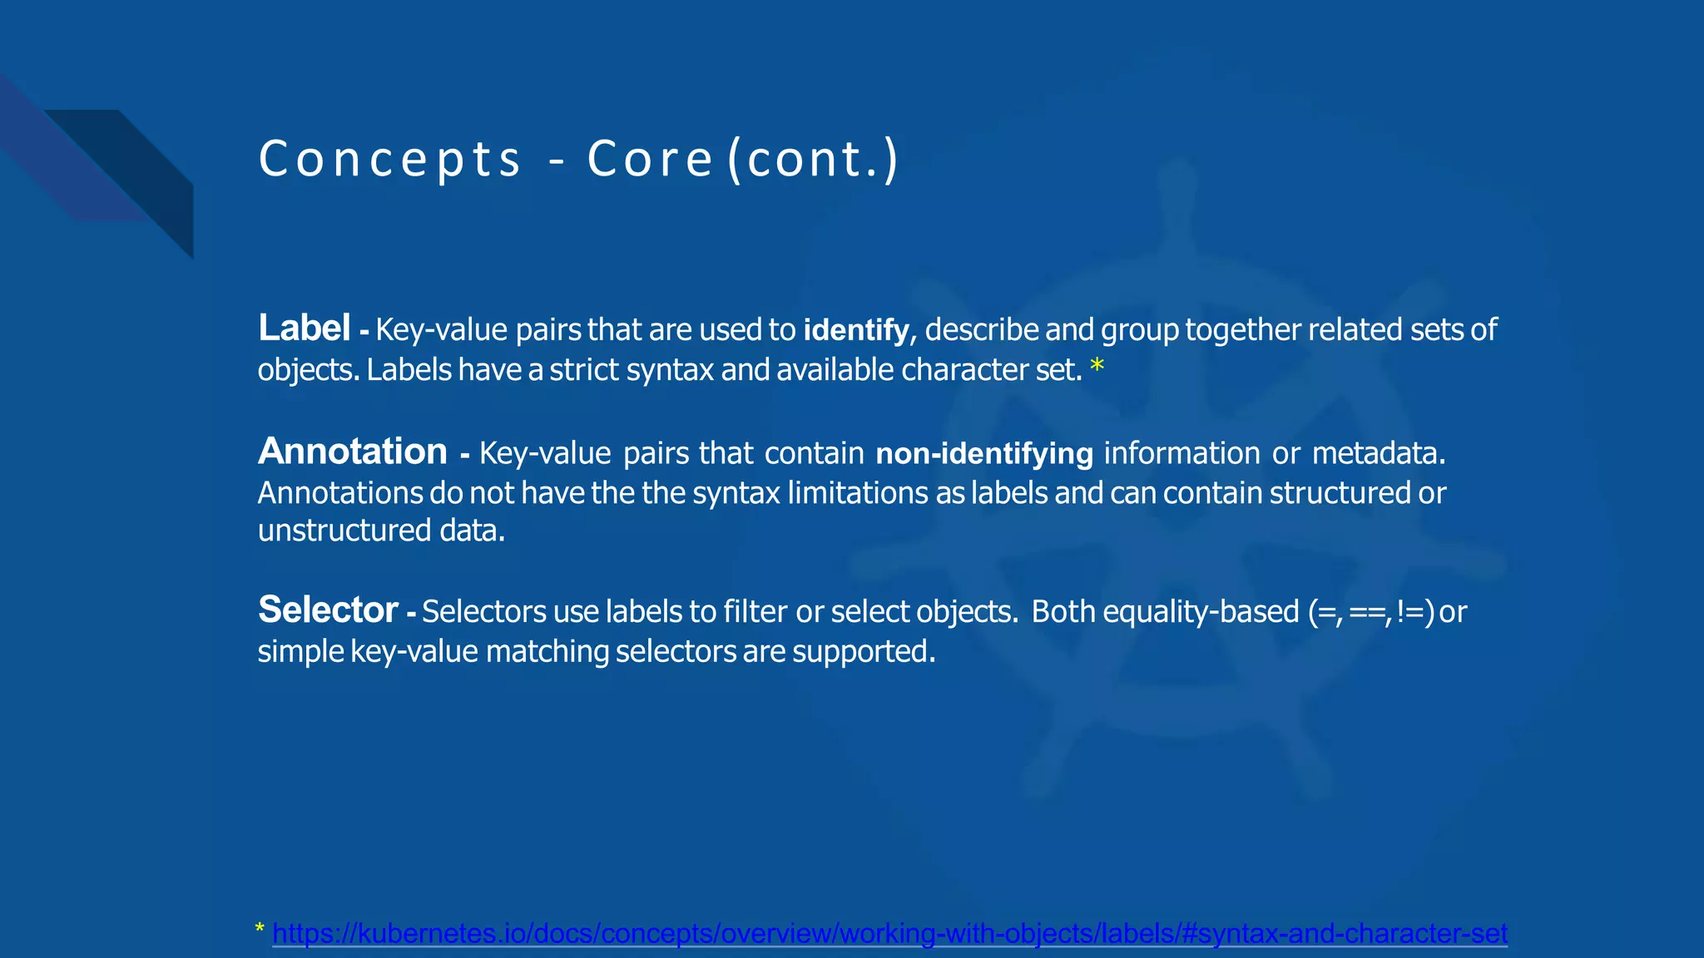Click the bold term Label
click(304, 328)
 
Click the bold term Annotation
click(353, 452)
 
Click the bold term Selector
click(328, 610)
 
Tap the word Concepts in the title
click(389, 159)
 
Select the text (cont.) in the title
click(813, 159)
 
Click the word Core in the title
click(649, 159)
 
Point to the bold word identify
click(855, 331)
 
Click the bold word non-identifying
click(983, 454)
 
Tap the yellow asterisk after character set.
click(1097, 367)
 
